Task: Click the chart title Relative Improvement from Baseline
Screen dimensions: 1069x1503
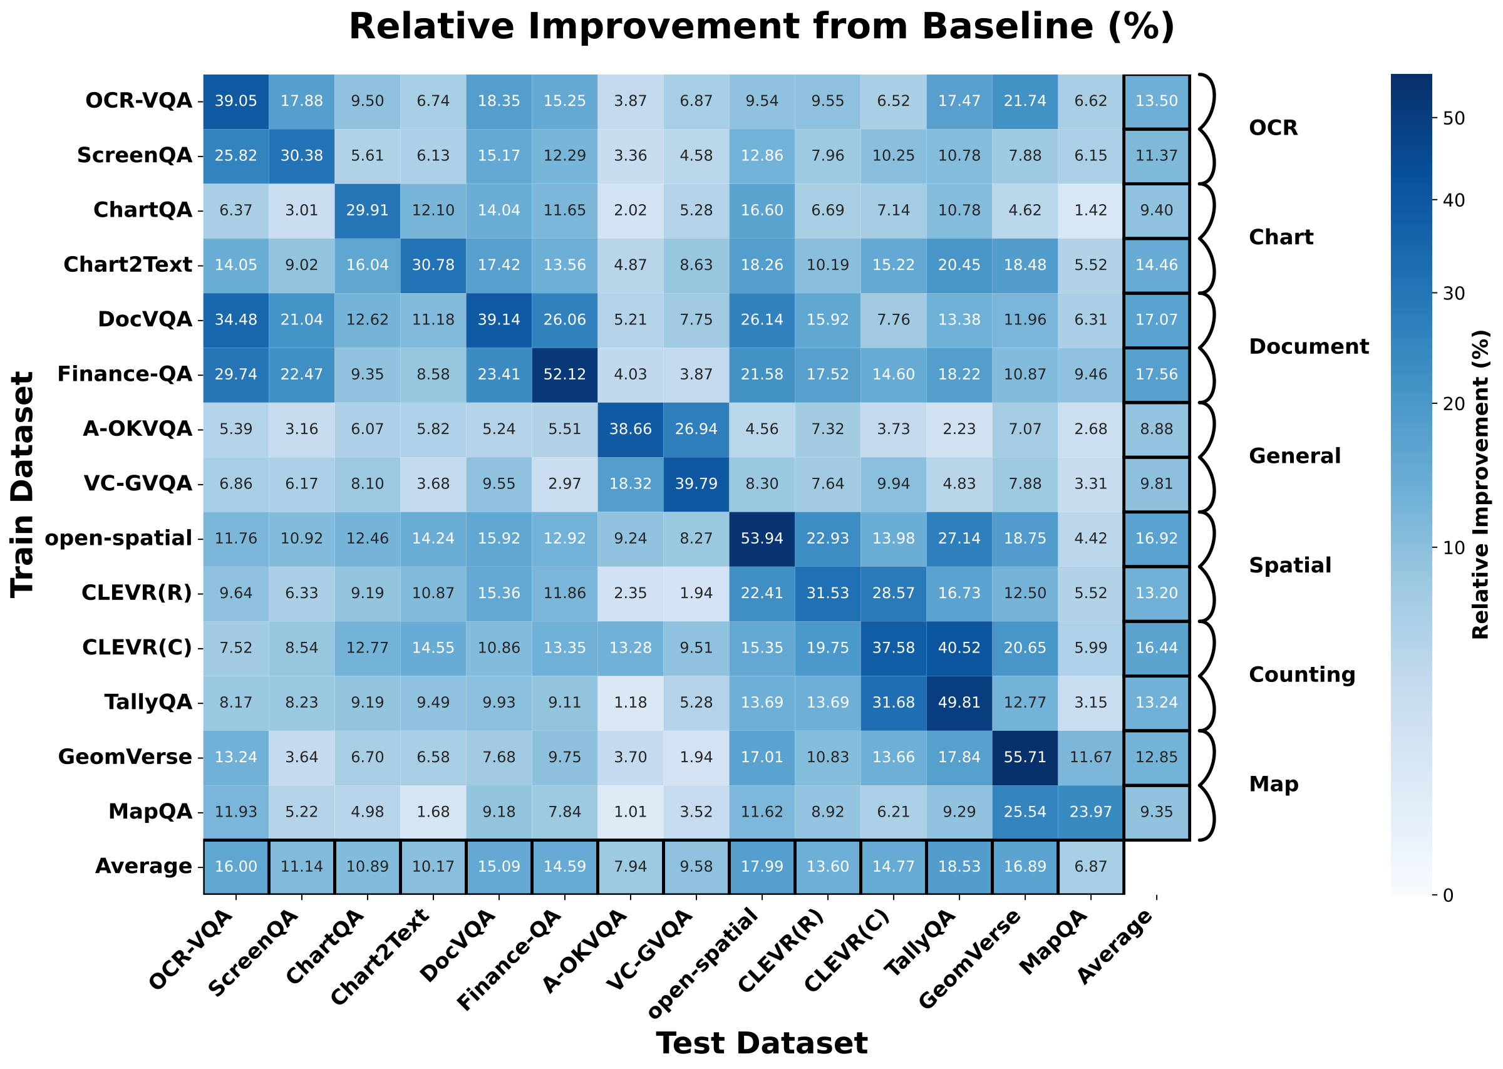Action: click(762, 28)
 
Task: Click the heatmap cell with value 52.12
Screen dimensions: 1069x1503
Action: click(565, 374)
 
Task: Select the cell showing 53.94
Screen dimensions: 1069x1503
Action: click(762, 539)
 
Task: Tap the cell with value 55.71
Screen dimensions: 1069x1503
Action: click(1025, 757)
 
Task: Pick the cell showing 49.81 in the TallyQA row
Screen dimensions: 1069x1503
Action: click(959, 703)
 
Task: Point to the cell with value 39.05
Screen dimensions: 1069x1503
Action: click(235, 101)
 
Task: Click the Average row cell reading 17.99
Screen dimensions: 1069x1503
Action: click(762, 866)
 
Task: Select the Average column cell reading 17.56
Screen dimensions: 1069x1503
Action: click(1156, 374)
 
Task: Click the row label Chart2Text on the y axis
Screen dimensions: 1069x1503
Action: click(128, 266)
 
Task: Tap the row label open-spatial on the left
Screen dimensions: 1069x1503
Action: click(118, 539)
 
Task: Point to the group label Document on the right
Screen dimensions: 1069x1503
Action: click(1308, 347)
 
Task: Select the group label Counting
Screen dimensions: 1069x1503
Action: click(1301, 674)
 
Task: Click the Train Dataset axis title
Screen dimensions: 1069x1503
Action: click(23, 484)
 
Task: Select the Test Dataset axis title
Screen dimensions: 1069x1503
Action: click(762, 1043)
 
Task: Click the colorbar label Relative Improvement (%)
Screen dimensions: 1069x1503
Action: click(1480, 484)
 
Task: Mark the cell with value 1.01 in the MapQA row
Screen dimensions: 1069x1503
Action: click(631, 812)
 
